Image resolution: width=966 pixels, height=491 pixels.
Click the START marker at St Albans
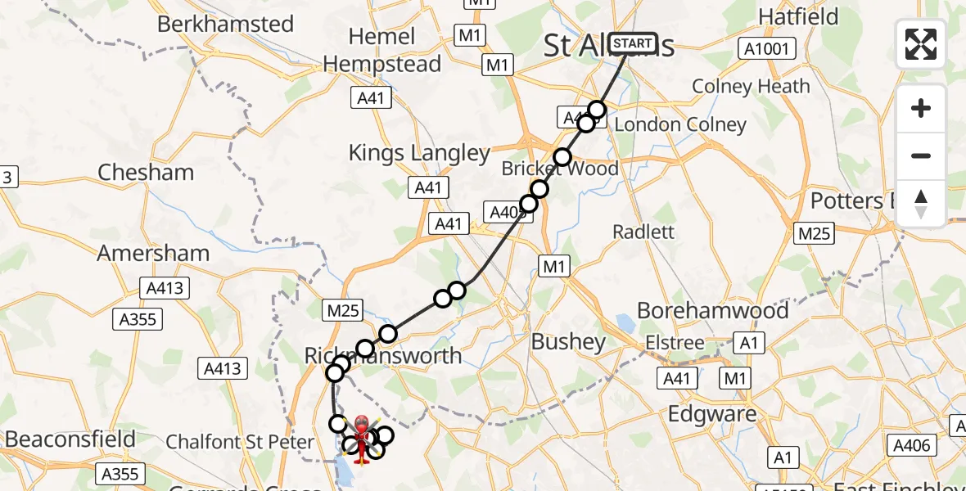point(633,43)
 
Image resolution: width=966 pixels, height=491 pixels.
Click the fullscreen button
point(921,44)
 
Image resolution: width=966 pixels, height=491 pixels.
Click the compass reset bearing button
point(921,203)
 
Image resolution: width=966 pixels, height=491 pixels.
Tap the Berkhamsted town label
point(225,24)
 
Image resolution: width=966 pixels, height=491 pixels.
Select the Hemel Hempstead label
point(382,50)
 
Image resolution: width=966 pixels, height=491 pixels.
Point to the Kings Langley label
point(419,153)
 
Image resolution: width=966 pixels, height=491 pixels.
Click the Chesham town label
point(146,173)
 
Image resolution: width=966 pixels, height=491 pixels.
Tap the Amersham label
point(153,253)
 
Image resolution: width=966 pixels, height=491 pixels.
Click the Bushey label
point(569,341)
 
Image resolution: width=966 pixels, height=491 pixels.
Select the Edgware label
point(712,414)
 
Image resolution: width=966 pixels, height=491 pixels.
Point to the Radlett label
point(643,232)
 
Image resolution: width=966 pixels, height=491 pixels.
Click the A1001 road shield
point(767,49)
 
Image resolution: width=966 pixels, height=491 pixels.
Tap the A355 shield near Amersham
point(138,319)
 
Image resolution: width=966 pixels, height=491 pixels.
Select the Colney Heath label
point(751,86)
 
